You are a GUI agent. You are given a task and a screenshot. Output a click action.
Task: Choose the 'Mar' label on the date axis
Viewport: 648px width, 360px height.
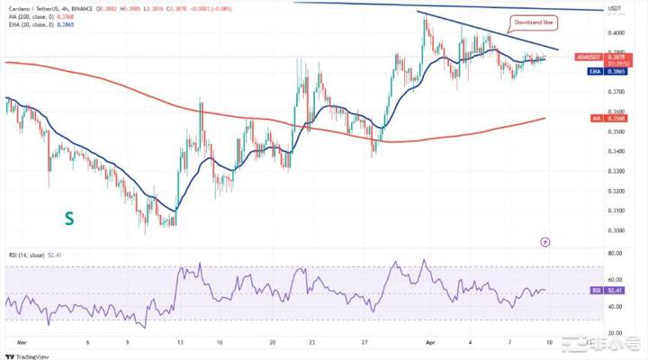(21, 343)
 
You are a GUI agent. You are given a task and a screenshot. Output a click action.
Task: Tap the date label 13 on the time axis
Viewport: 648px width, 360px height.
(180, 343)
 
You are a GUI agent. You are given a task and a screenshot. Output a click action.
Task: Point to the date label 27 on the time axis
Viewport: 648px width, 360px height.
(363, 343)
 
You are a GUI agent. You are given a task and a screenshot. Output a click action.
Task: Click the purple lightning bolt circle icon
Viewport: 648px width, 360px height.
(544, 241)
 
